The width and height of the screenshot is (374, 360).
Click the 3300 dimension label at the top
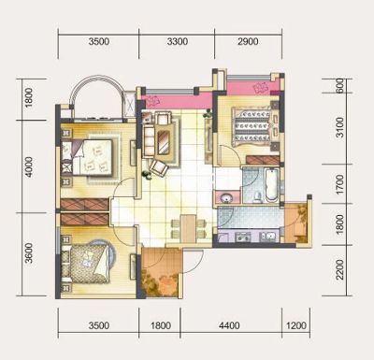[178, 41]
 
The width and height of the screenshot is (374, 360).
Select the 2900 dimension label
[248, 41]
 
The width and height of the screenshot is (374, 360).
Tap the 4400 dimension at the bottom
[229, 325]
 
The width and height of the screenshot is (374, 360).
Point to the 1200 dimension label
[296, 325]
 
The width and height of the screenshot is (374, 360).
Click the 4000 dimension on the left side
[28, 167]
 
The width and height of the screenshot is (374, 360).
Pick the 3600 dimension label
[28, 253]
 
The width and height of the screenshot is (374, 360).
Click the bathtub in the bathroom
[272, 185]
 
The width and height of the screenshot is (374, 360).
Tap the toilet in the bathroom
[257, 197]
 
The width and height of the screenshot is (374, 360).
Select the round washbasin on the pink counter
[226, 198]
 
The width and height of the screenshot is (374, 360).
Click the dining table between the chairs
[188, 228]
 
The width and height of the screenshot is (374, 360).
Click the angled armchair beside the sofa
[159, 167]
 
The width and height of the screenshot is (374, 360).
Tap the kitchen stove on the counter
[242, 238]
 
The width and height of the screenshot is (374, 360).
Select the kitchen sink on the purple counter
[268, 237]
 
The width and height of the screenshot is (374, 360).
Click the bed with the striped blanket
[252, 126]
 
